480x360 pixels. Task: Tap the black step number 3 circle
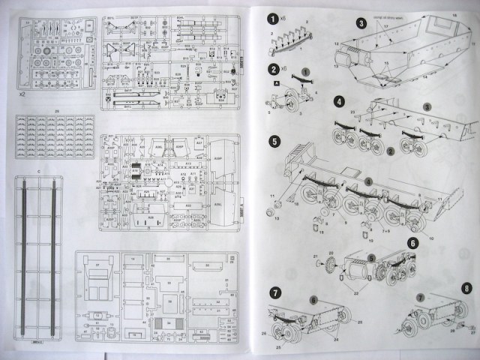361,23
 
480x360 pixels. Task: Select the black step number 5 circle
274,140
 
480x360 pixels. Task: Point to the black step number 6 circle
412,243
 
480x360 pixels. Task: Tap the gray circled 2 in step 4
391,151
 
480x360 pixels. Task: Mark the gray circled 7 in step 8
420,297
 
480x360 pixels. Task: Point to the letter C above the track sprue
38,172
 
